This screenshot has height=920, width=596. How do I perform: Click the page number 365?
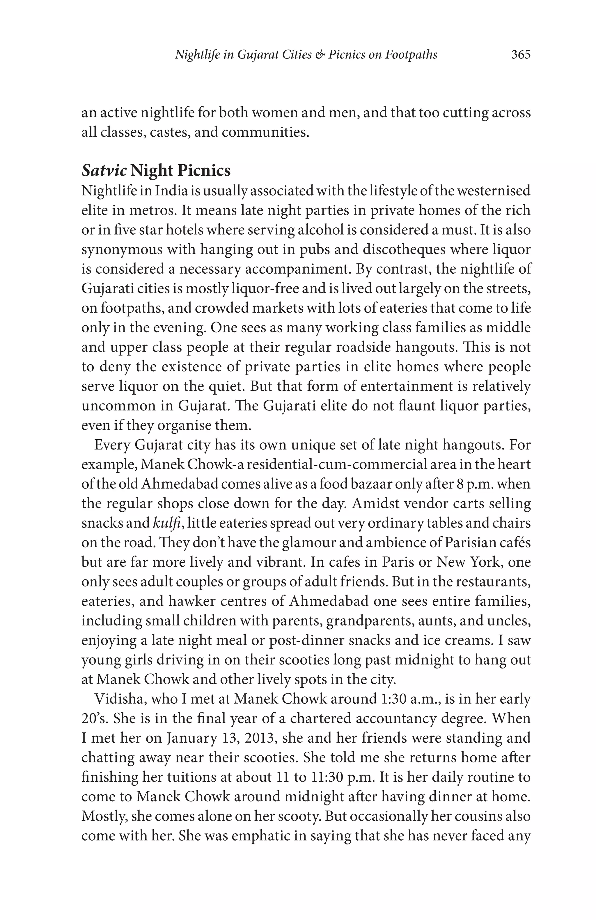click(521, 54)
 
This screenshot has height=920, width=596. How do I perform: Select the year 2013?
click(259, 738)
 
